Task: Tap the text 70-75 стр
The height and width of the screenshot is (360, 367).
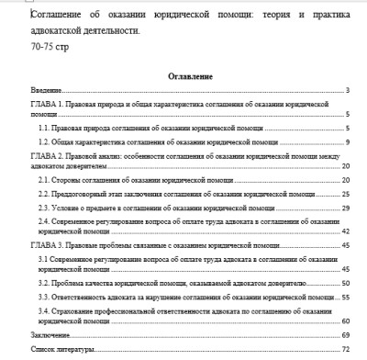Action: (x=48, y=44)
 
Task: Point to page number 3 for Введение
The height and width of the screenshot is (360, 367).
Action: (x=350, y=91)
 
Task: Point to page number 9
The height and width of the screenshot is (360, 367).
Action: (x=350, y=143)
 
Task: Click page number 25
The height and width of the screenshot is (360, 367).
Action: (x=347, y=195)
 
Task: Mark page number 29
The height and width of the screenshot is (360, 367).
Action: (x=347, y=208)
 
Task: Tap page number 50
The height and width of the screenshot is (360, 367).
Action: (x=347, y=285)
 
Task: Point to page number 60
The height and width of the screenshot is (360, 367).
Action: (x=347, y=322)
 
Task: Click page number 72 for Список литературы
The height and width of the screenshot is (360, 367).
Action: (x=347, y=351)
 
